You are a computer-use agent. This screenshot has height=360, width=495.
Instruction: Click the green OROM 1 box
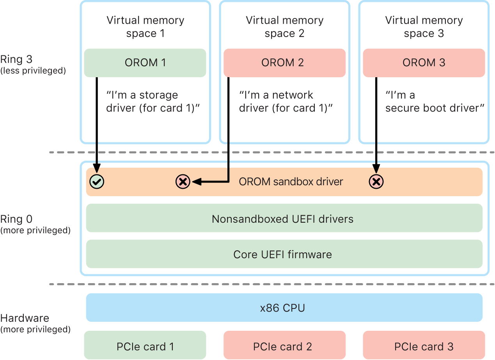point(145,63)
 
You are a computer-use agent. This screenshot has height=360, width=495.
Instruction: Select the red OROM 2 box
point(284,63)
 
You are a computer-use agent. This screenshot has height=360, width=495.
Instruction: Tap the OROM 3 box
point(424,63)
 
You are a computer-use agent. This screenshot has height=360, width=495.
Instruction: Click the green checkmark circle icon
point(96,181)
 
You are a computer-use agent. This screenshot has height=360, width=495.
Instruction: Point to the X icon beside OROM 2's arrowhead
point(183,181)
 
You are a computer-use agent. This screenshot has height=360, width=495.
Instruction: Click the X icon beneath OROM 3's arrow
point(376,181)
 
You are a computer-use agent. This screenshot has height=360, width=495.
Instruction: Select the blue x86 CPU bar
point(284,308)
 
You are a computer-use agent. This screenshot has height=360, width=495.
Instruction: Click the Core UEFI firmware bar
point(284,254)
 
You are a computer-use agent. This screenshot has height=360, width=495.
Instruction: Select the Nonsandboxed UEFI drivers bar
point(284,219)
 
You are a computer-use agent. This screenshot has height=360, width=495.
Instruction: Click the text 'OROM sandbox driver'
point(291,181)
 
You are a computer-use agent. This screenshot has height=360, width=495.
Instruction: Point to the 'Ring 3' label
point(16,59)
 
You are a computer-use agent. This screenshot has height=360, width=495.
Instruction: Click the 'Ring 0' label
point(16,219)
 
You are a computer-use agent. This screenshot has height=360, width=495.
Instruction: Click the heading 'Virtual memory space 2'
point(284,27)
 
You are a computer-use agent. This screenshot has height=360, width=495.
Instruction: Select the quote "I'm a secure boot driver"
point(435,101)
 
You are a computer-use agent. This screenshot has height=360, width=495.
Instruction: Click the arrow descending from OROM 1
point(96,125)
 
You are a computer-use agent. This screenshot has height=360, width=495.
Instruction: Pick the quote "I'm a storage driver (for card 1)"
point(153,101)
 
